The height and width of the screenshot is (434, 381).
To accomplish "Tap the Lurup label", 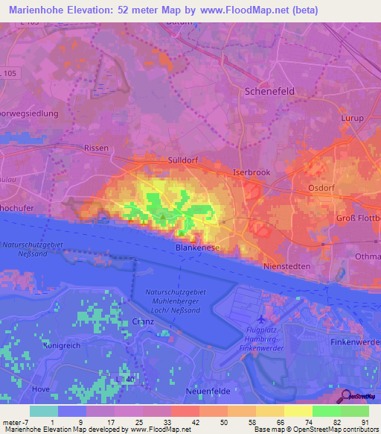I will [350, 119].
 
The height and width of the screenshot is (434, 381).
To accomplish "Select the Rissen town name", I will [97, 148].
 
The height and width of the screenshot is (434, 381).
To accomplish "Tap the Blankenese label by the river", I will [196, 246].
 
